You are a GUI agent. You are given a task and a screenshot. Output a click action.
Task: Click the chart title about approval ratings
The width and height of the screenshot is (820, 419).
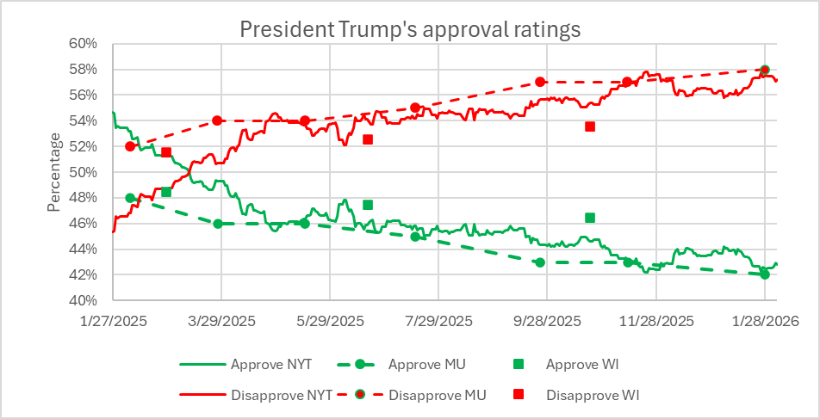pyautogui.click(x=410, y=28)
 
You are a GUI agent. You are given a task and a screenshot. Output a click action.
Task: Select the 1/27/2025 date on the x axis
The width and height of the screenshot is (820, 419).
pyautogui.click(x=112, y=321)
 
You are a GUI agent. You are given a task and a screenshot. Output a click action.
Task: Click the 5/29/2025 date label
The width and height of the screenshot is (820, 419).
pyautogui.click(x=330, y=321)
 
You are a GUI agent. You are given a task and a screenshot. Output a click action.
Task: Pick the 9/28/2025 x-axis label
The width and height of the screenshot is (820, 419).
pyautogui.click(x=547, y=321)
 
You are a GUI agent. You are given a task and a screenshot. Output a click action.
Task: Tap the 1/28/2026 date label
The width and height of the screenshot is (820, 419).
pyautogui.click(x=765, y=321)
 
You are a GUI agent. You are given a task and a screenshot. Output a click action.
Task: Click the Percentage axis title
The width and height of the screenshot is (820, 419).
pyautogui.click(x=54, y=172)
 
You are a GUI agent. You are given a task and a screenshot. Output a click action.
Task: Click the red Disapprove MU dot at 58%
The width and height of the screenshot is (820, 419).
pyautogui.click(x=765, y=70)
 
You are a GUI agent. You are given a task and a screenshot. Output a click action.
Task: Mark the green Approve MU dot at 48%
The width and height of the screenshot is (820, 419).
pyautogui.click(x=130, y=198)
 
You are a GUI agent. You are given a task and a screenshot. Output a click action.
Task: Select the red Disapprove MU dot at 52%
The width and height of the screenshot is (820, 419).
pyautogui.click(x=130, y=146)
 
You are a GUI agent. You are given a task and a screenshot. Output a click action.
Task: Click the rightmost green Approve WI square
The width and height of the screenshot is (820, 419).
pyautogui.click(x=590, y=218)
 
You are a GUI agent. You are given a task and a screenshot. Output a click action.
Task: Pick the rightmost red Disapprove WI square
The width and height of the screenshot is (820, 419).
pyautogui.click(x=590, y=126)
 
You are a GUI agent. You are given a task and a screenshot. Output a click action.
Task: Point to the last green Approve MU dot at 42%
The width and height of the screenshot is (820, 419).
pyautogui.click(x=765, y=274)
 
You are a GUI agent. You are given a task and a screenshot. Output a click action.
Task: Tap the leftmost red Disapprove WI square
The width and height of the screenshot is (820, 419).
pyautogui.click(x=166, y=152)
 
